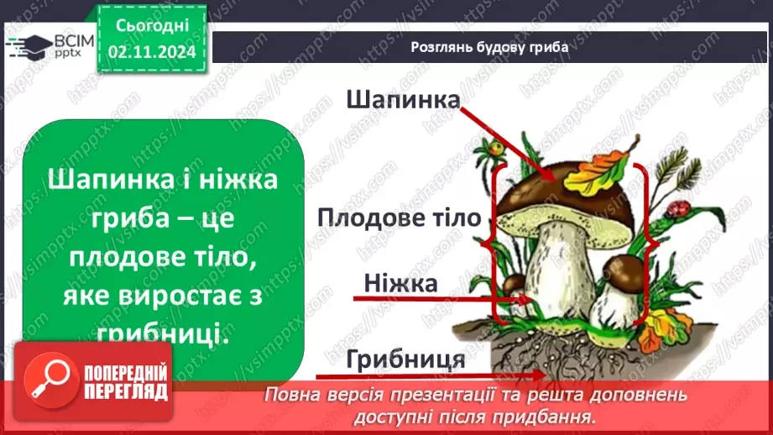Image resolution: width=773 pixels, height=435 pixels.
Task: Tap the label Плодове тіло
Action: pos(399,218)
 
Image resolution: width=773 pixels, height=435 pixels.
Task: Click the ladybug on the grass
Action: pos(681,207)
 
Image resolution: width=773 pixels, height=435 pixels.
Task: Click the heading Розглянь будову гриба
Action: pos(490,47)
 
